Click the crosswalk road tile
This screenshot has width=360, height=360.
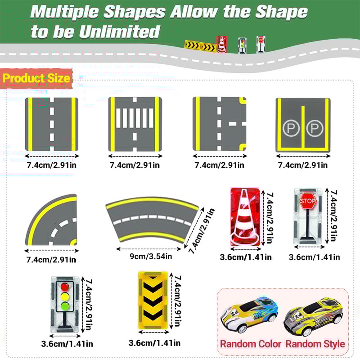[135, 123]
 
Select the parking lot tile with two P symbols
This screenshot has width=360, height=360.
[302, 124]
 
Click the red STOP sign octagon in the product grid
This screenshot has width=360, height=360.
[307, 200]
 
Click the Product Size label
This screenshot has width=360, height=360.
[36, 78]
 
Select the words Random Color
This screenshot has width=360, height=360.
[250, 344]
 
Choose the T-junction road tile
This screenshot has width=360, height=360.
[219, 123]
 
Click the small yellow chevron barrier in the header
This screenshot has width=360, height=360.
[199, 45]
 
